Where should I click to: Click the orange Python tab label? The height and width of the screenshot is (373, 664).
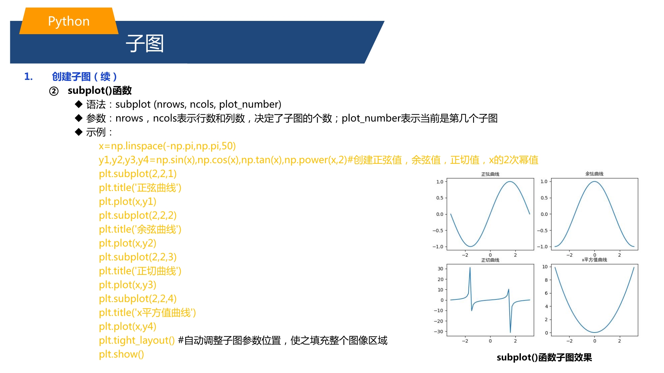pos(69,21)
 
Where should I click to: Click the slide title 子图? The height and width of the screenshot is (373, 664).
pos(145,43)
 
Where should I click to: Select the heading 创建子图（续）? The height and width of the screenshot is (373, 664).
pos(84,77)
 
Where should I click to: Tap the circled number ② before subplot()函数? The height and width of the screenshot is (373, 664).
pos(54,91)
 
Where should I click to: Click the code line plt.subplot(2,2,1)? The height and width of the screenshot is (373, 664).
pos(138,174)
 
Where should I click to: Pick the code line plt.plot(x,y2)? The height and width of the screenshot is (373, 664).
pos(127,243)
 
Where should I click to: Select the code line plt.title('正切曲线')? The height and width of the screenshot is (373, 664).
pos(140,271)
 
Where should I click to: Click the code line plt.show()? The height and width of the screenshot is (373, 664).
pos(121,354)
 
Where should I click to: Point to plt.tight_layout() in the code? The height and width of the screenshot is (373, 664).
pos(136,341)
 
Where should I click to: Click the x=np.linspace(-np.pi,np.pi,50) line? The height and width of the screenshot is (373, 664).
pos(167,146)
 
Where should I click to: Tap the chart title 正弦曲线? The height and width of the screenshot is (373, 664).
pos(490,174)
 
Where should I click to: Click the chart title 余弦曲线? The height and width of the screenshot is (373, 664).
pos(594,174)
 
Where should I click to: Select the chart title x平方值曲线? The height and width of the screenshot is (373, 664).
pos(594,260)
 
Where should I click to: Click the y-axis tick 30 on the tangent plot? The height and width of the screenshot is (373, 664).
pos(440,269)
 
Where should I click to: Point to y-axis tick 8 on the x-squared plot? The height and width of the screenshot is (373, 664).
pos(546,280)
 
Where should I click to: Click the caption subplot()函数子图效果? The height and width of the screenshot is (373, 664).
pos(544,357)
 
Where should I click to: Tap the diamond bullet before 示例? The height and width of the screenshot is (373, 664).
pos(79,132)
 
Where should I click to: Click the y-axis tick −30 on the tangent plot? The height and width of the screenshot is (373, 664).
pos(439,332)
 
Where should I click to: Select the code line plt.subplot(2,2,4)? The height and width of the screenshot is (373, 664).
pos(138,299)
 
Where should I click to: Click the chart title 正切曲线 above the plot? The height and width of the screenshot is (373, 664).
pos(490,260)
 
